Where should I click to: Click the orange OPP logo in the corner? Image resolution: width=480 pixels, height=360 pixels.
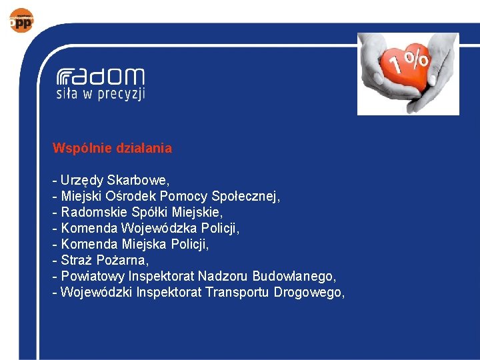point(21,21)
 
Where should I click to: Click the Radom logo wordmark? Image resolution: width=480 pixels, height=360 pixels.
point(100,75)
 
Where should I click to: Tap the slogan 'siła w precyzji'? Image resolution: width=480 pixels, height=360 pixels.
point(100,94)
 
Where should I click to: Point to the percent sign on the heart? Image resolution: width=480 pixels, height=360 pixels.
point(418,59)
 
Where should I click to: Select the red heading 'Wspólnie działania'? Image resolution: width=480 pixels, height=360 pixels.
point(112,149)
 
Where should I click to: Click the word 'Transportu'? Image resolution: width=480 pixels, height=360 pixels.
point(237,293)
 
